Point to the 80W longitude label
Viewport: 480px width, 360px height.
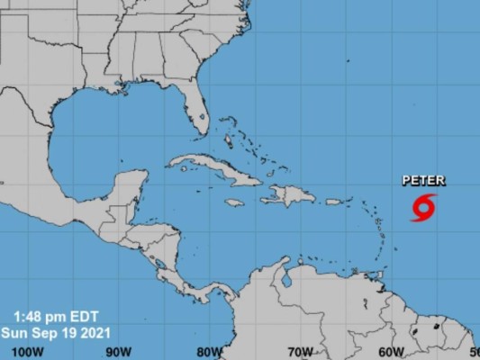click(211, 352)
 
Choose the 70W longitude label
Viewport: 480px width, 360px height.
click(301, 352)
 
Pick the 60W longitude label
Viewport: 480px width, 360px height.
click(391, 352)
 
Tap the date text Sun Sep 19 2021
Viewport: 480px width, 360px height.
click(59, 331)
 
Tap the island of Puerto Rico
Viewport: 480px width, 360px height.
click(333, 201)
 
